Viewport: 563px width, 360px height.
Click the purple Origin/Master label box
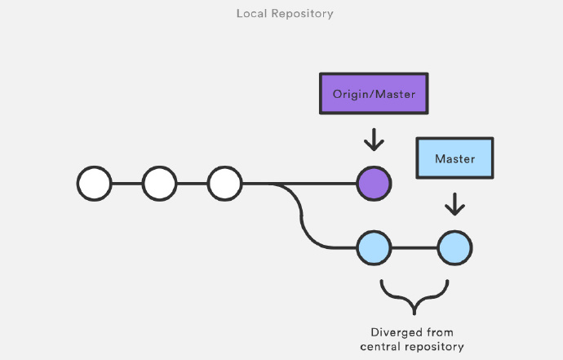tap(374, 94)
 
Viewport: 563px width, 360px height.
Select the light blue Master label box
tap(454, 158)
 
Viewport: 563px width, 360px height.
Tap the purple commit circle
tap(374, 184)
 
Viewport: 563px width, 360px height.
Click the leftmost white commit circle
tap(95, 184)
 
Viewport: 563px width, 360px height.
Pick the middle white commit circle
tap(159, 184)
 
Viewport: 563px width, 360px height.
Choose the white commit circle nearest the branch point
tap(224, 184)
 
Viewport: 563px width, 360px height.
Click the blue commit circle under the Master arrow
tap(454, 248)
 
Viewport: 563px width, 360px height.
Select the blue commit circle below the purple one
tap(374, 248)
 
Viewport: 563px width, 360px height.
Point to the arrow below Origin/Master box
tap(374, 140)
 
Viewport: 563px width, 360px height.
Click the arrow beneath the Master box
tap(454, 204)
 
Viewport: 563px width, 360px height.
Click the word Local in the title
tap(251, 13)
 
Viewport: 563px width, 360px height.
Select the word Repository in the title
tap(303, 14)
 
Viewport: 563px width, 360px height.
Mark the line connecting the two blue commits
tap(414, 248)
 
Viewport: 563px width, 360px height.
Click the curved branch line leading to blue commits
tap(302, 216)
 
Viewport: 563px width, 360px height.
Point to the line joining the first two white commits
tap(127, 184)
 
